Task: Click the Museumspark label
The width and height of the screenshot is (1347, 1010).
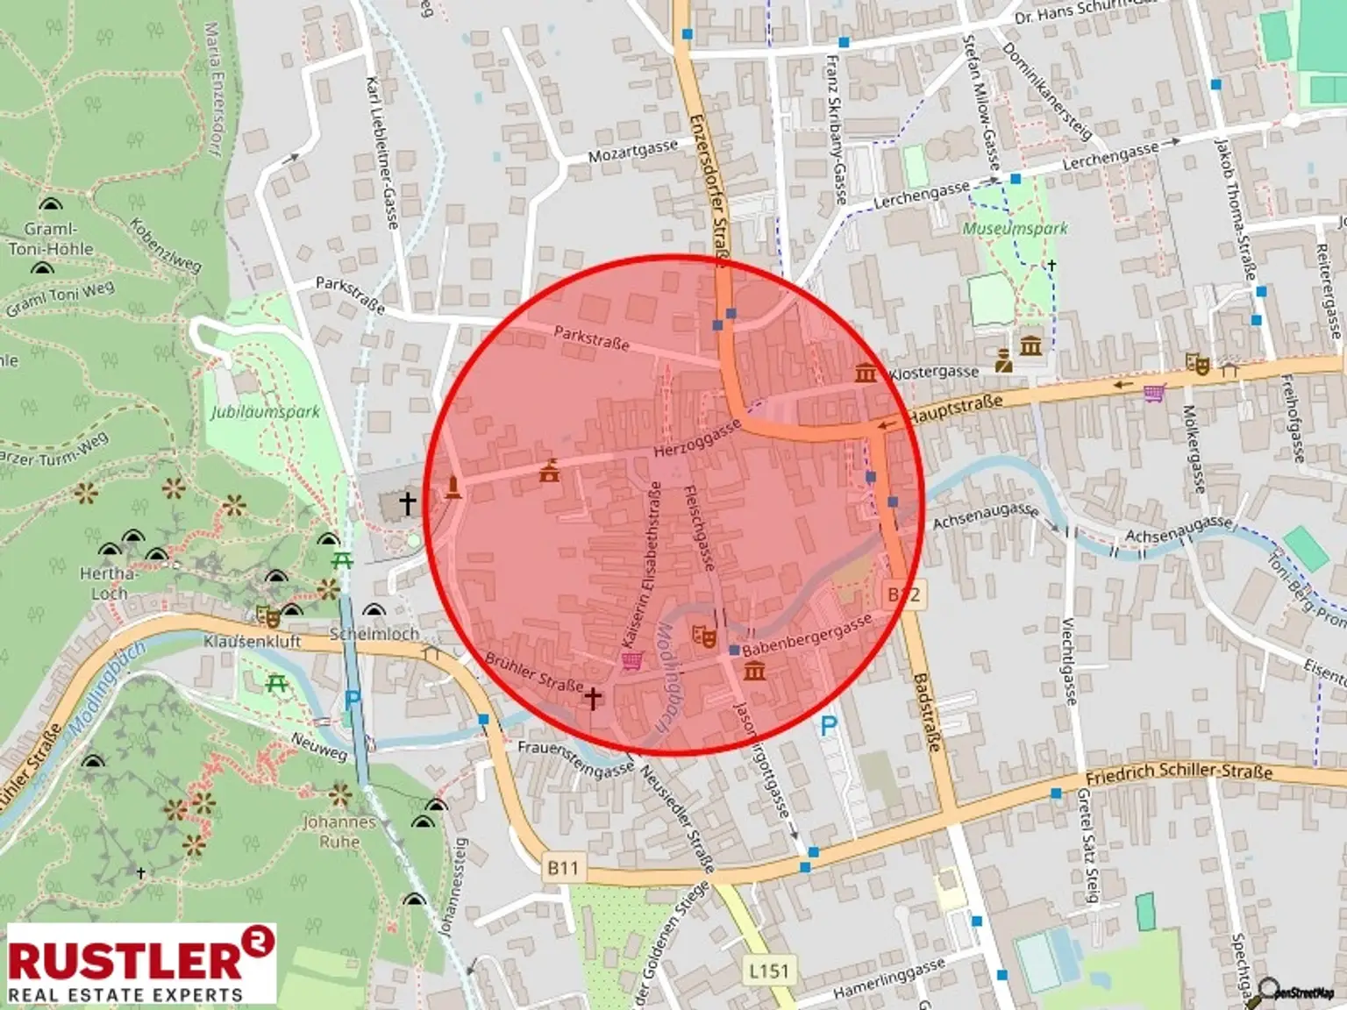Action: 1015,229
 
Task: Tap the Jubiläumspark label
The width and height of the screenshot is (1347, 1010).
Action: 265,411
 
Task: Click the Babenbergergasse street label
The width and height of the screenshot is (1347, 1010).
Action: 807,636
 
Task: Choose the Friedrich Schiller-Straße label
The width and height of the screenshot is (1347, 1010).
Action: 1179,773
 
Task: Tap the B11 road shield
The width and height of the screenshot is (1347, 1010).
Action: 563,868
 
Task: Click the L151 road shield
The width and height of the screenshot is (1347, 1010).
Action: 768,971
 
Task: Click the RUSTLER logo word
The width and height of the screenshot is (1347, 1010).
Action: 125,959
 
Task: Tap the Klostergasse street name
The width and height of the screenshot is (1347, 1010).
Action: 933,373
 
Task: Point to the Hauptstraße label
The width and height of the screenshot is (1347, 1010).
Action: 955,408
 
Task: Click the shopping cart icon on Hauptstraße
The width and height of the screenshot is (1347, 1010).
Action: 1155,393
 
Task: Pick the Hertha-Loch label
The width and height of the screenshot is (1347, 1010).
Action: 109,584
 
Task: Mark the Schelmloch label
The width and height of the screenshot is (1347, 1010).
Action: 374,633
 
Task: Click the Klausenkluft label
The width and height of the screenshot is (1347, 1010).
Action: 252,641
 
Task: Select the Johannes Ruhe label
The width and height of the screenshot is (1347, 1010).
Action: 339,832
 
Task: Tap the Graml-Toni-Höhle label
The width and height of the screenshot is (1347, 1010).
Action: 51,238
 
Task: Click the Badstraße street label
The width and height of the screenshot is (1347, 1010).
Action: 926,711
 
